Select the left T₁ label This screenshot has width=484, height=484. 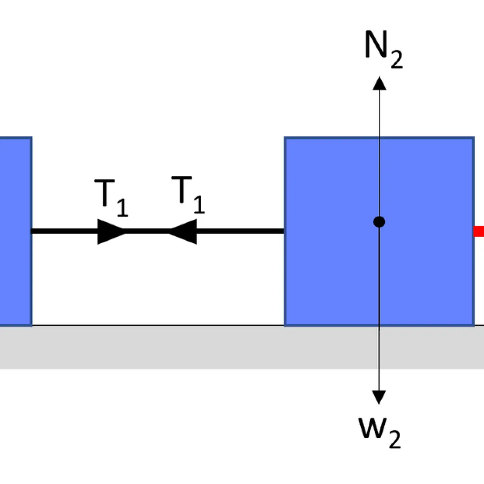111,198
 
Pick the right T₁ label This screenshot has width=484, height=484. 188,195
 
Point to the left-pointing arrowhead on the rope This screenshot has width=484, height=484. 182,232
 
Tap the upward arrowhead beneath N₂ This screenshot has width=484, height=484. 379,83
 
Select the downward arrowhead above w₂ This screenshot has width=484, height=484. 379,398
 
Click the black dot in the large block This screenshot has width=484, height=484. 379,222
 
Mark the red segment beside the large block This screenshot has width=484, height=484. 478,232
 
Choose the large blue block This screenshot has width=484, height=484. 379,232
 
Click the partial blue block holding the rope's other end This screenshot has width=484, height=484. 16,232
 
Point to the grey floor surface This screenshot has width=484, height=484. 242,348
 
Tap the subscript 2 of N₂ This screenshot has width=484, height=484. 397,59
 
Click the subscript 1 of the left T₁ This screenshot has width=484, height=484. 123,208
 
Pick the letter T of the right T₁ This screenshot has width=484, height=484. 181,190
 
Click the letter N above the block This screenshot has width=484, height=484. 376,44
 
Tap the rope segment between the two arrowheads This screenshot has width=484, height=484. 147,232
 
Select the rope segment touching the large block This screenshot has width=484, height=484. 241,232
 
